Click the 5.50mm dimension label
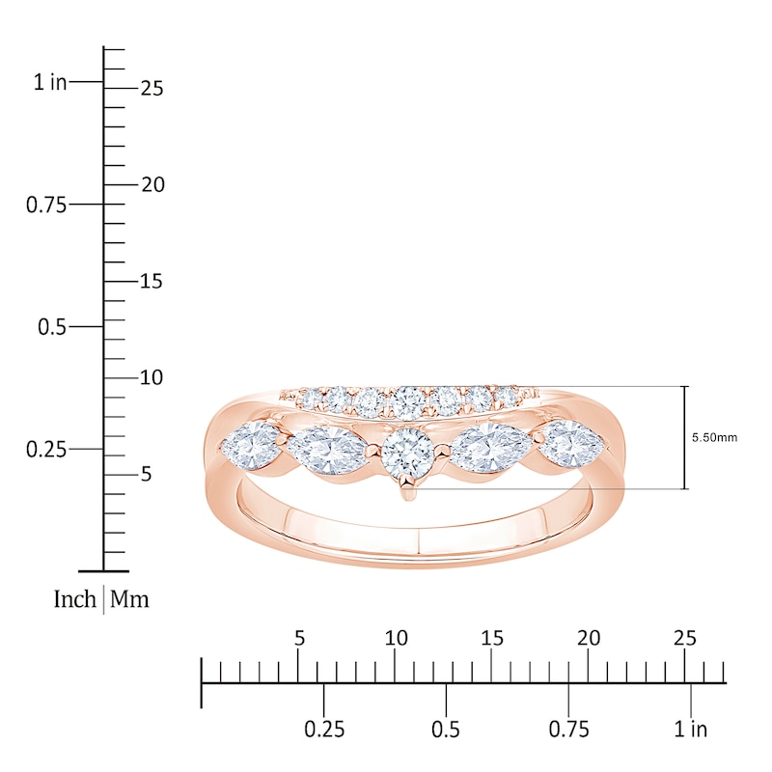(714, 437)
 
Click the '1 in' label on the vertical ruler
(50, 83)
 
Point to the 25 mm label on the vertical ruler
(151, 89)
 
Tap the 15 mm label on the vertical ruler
(151, 282)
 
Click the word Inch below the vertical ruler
(74, 600)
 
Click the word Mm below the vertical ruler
(129, 600)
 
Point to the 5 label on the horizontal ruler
(299, 638)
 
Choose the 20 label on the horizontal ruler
(589, 638)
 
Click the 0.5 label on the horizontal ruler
(446, 729)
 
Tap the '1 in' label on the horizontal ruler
(690, 729)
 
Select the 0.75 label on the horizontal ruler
(568, 729)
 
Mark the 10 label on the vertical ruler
(151, 378)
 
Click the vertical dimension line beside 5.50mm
(685, 437)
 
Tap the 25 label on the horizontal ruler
(684, 638)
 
